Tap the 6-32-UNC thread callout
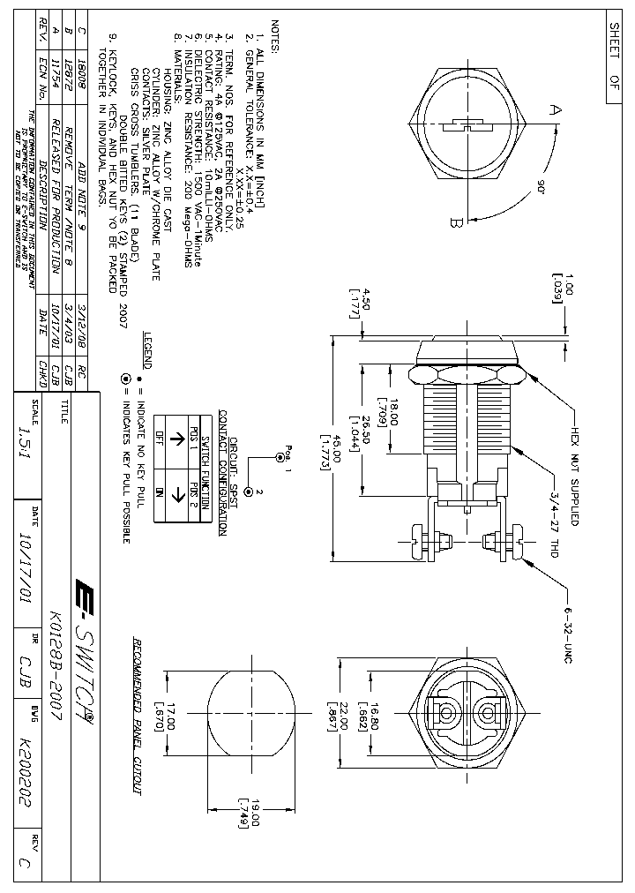point(567,626)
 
